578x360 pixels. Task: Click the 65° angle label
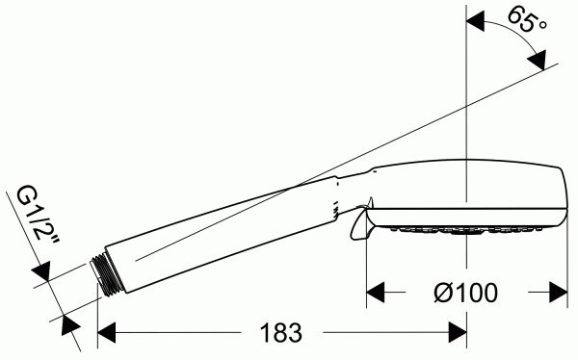pyautogui.click(x=528, y=21)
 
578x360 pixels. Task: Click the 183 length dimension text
pyautogui.click(x=281, y=333)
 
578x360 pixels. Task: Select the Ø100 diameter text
pyautogui.click(x=465, y=293)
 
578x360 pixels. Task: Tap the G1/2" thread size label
pyautogui.click(x=38, y=217)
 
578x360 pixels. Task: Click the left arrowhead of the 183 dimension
pyautogui.click(x=107, y=333)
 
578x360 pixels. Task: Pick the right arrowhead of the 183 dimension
pyautogui.click(x=458, y=333)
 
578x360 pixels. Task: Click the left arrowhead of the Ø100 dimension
pyautogui.click(x=376, y=293)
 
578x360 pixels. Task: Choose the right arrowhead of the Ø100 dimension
pyautogui.click(x=559, y=293)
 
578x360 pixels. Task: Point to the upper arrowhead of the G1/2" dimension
pyautogui.click(x=41, y=271)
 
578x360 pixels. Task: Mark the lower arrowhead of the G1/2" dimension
pyautogui.click(x=70, y=325)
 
